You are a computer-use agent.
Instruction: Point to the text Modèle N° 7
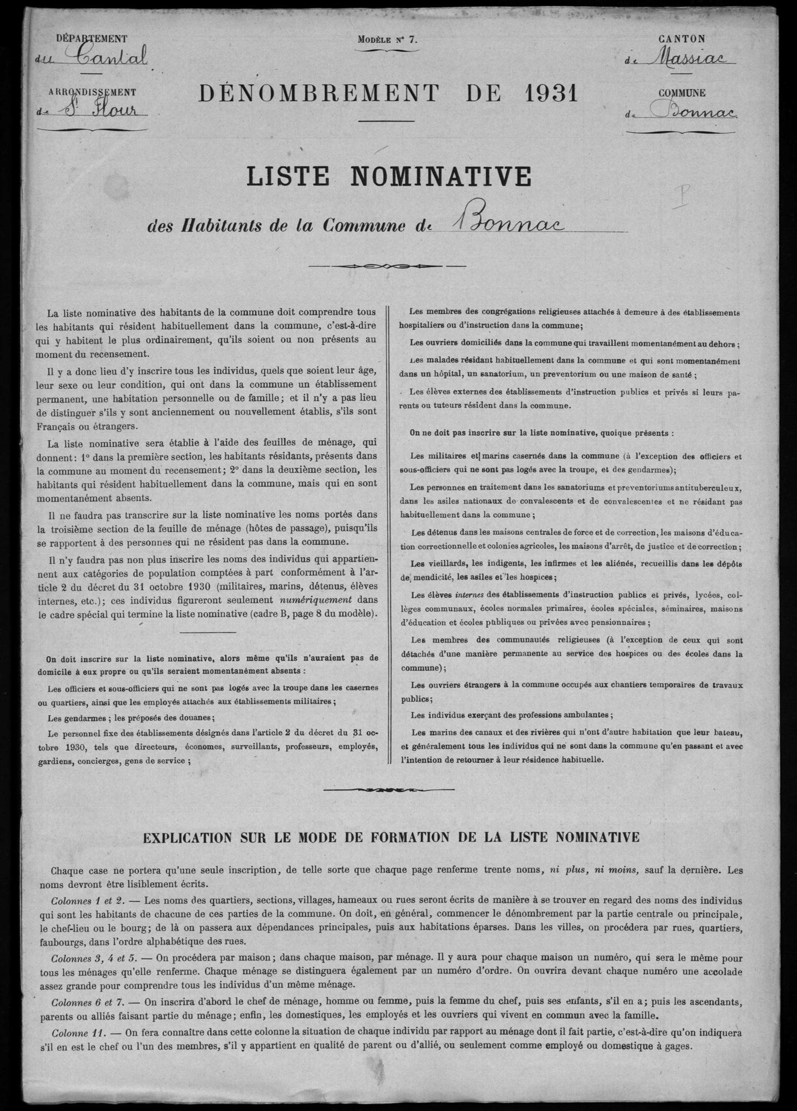[387, 39]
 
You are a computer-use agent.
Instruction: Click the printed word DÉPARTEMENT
[92, 39]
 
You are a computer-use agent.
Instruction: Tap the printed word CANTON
[682, 39]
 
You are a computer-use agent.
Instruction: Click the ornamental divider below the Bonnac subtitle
[386, 266]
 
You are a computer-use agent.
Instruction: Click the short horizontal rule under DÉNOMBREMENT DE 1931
[386, 121]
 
